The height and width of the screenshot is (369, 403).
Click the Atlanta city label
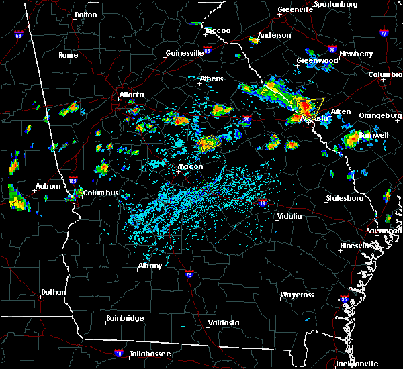132,95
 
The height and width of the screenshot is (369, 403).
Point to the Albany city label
150,266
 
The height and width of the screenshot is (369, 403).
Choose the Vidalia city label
289,216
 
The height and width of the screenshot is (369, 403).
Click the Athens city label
212,79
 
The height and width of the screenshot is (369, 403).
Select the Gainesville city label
185,53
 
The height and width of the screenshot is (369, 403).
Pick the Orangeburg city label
379,115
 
